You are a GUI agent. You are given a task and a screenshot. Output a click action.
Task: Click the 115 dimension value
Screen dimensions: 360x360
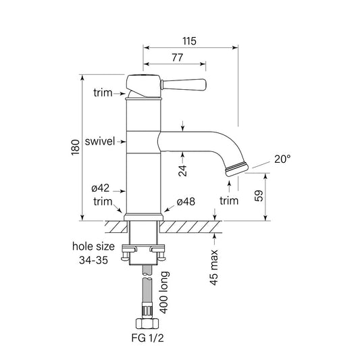pos(189,41)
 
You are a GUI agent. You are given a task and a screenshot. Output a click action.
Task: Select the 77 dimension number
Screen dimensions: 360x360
pos(177,59)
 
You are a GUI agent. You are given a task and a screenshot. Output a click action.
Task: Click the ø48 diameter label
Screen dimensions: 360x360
pos(186,202)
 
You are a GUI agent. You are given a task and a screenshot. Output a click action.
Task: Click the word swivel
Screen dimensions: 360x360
pos(101,142)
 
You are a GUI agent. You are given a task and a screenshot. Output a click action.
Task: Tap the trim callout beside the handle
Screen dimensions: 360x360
pos(104,92)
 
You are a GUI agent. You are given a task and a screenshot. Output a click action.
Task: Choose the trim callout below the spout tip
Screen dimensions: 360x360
pos(230,201)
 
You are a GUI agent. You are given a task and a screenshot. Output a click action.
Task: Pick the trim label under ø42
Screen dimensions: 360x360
pos(103,201)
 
